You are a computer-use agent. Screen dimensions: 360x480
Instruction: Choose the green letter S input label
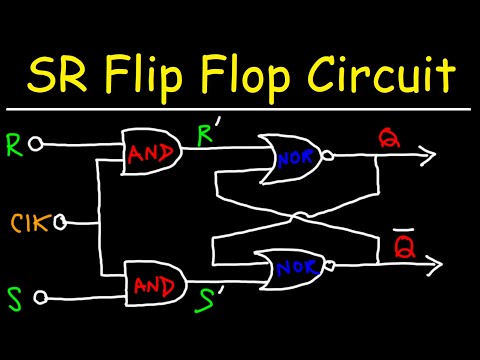point(14,297)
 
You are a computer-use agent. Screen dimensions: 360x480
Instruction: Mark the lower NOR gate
point(291,268)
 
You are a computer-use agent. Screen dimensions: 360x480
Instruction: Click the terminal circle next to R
point(37,145)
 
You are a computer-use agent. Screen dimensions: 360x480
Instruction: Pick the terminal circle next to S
point(40,297)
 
